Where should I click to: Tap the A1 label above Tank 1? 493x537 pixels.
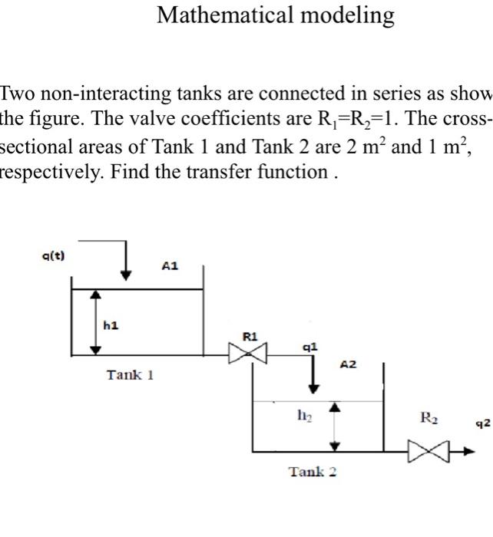pyautogui.click(x=170, y=266)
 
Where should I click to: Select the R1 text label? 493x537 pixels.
pyautogui.click(x=250, y=336)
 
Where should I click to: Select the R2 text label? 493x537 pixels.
pyautogui.click(x=428, y=418)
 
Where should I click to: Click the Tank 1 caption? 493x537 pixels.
pyautogui.click(x=131, y=375)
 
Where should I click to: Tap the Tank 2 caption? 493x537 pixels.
pyautogui.click(x=313, y=471)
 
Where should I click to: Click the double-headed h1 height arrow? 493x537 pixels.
pyautogui.click(x=95, y=321)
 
